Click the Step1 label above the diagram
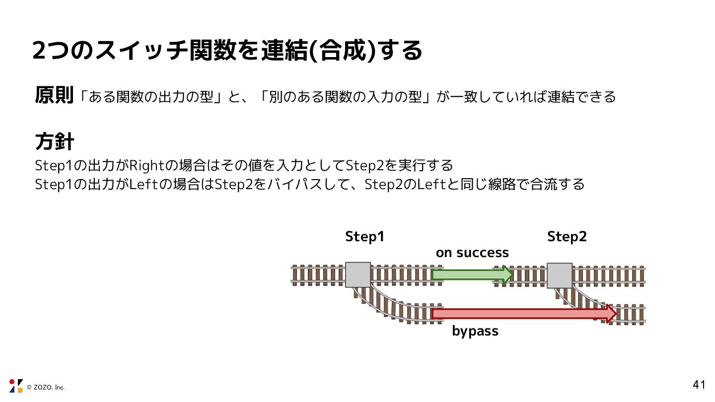pos(365,237)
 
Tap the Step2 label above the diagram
pos(567,237)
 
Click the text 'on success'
pos(472,253)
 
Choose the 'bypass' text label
pos(475,331)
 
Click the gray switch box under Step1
pos(358,274)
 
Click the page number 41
pos(699,385)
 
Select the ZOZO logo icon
pos(16,386)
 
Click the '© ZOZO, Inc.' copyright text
pos(46,387)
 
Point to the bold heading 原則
pos(54,95)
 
